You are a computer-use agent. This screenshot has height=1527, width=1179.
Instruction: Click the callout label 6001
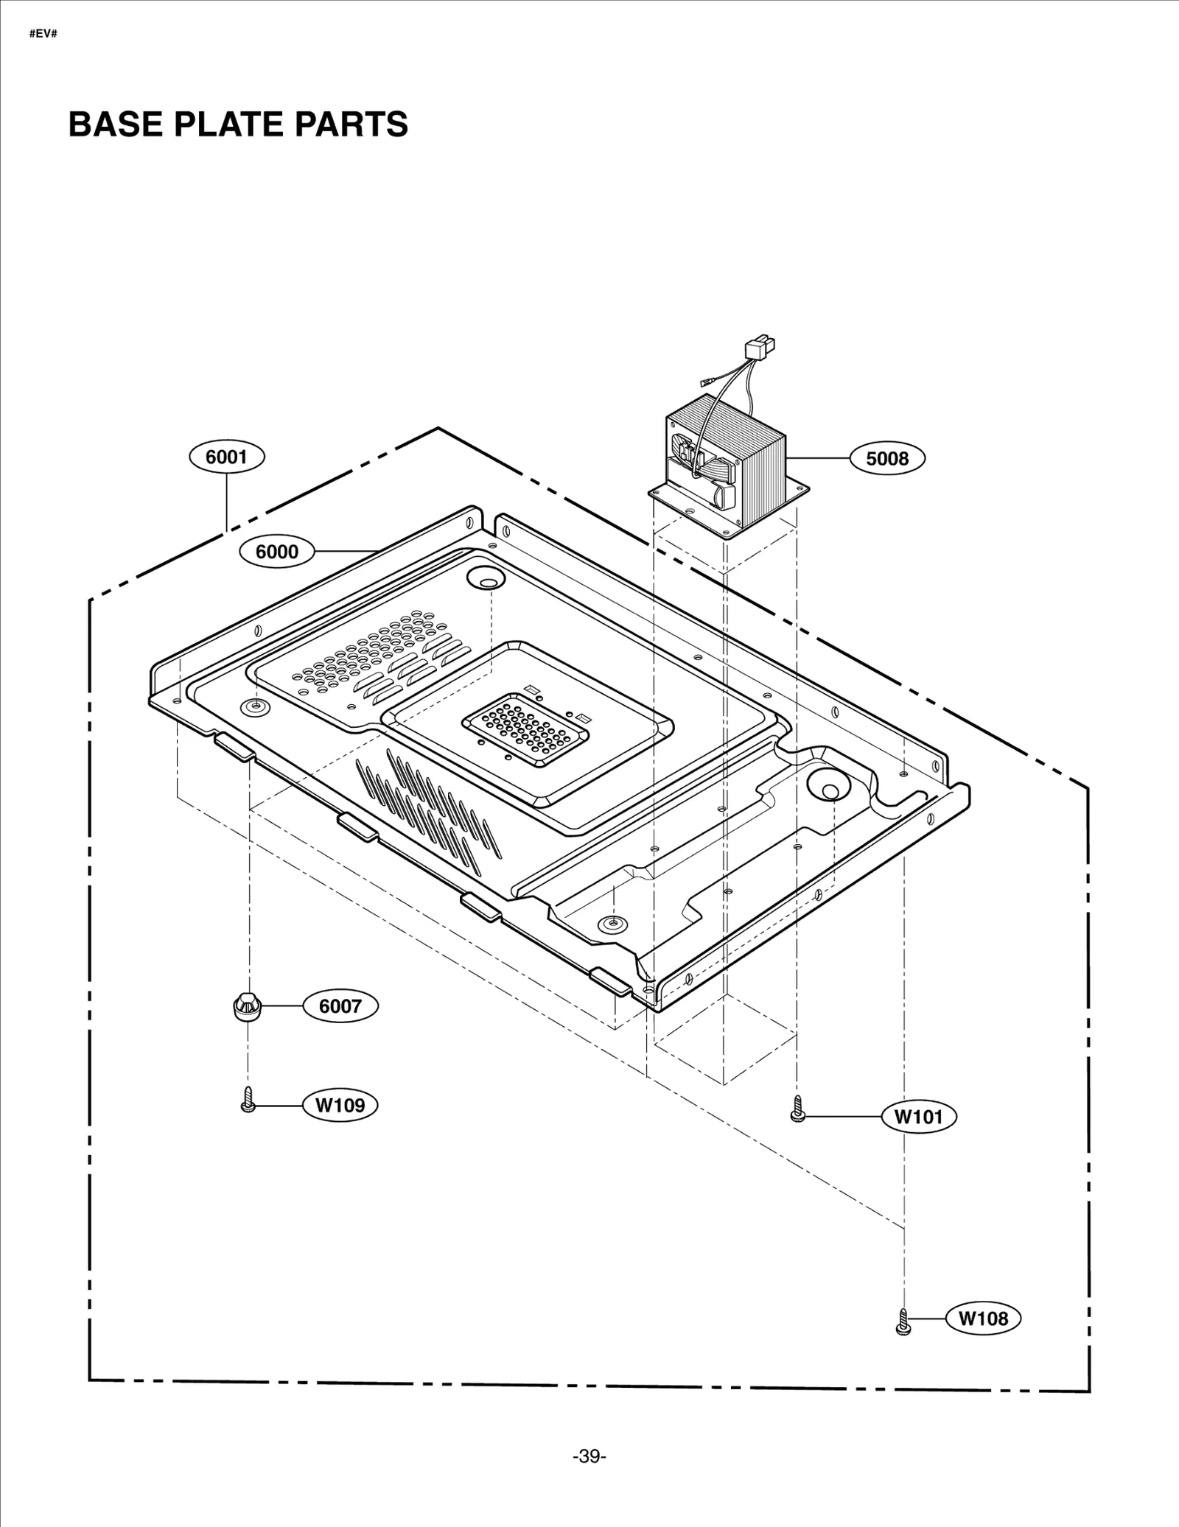click(x=226, y=457)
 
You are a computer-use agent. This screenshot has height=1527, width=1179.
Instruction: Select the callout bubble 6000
click(x=277, y=552)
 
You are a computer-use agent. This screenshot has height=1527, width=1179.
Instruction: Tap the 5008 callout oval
click(x=886, y=458)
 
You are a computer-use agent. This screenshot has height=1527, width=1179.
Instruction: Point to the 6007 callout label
click(x=340, y=1006)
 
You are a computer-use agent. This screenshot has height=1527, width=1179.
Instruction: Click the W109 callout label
click(x=340, y=1105)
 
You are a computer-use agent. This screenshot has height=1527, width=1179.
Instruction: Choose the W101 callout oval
click(x=918, y=1117)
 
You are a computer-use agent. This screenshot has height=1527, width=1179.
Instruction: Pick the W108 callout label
click(x=982, y=1318)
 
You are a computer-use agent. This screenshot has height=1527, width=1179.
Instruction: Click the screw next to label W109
click(x=248, y=1100)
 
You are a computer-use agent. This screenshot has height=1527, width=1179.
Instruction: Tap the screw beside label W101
click(x=797, y=1109)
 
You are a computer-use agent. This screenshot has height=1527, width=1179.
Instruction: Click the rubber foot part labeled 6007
click(x=248, y=1006)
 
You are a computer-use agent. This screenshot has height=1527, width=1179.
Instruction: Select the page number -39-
click(x=589, y=1456)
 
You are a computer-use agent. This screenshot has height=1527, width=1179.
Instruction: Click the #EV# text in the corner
click(x=43, y=35)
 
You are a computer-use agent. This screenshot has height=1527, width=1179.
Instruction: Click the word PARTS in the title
click(x=351, y=124)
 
